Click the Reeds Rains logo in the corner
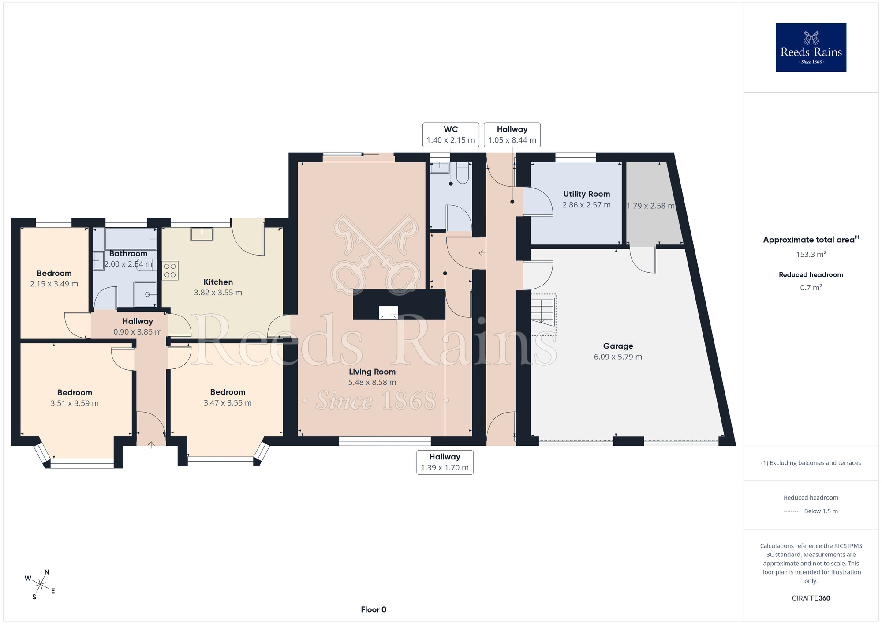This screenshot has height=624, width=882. pyautogui.click(x=811, y=48)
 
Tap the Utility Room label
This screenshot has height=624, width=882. pyautogui.click(x=587, y=194)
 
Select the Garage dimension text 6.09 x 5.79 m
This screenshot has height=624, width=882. pyautogui.click(x=618, y=357)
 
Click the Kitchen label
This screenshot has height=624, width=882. pyautogui.click(x=218, y=282)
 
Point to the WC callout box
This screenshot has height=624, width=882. pyautogui.click(x=451, y=135)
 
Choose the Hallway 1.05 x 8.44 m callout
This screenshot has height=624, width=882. pyautogui.click(x=512, y=135)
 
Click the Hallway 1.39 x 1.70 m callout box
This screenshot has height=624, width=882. pyautogui.click(x=445, y=462)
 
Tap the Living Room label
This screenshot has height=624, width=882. pyautogui.click(x=372, y=372)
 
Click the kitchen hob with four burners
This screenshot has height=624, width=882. pyautogui.click(x=170, y=271)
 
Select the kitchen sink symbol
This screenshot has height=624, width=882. pyautogui.click(x=202, y=234)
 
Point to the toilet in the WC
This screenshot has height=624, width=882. pyautogui.click(x=463, y=173)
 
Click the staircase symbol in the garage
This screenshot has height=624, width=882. pyautogui.click(x=543, y=315)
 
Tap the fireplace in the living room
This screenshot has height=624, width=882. pyautogui.click(x=389, y=312)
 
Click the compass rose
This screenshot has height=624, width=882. pyautogui.click(x=40, y=585)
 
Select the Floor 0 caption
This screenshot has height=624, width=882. pyautogui.click(x=374, y=609)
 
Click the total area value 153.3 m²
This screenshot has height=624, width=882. pyautogui.click(x=811, y=254)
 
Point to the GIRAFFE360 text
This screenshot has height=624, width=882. pyautogui.click(x=811, y=598)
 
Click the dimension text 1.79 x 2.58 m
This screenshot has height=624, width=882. pyautogui.click(x=650, y=206)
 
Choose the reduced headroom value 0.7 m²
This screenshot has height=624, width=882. pyautogui.click(x=811, y=287)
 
